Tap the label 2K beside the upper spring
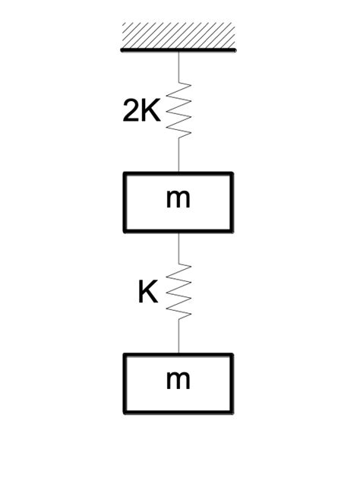pyautogui.click(x=142, y=112)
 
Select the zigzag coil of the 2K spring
pyautogui.click(x=178, y=112)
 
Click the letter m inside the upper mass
pyautogui.click(x=178, y=200)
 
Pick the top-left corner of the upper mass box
pyautogui.click(x=125, y=173)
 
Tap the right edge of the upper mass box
pyautogui.click(x=232, y=201)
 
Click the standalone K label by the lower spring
pyautogui.click(x=148, y=293)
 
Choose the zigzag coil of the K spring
pyautogui.click(x=178, y=293)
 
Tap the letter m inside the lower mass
pyautogui.click(x=178, y=380)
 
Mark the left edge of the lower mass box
pyautogui.click(x=125, y=384)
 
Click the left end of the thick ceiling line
pyautogui.click(x=122, y=50)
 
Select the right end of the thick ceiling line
pyautogui.click(x=235, y=50)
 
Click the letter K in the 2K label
pyautogui.click(x=151, y=112)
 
